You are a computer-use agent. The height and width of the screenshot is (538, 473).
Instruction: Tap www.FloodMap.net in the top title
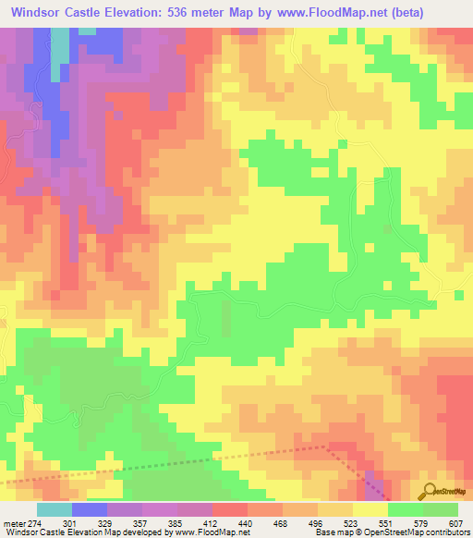click(334, 12)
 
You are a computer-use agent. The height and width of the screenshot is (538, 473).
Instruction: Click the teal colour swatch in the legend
click(55, 509)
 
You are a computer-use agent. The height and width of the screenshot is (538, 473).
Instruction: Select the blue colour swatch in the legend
click(90, 509)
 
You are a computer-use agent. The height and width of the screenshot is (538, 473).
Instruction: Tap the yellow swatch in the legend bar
click(370, 509)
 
